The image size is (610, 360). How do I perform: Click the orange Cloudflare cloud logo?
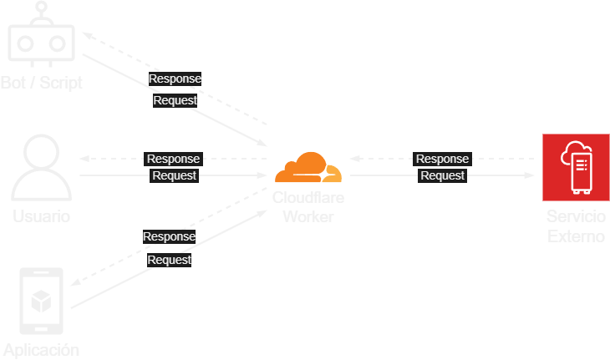click(308, 169)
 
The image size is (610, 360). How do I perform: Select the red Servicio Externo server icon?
click(576, 167)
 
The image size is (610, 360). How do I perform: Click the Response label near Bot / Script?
click(175, 79)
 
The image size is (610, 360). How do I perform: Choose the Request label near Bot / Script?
click(175, 100)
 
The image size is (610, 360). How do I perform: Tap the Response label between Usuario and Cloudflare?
click(173, 159)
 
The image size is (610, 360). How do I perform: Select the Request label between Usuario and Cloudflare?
click(174, 175)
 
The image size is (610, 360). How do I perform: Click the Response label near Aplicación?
click(169, 236)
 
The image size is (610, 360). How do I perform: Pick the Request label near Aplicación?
click(170, 260)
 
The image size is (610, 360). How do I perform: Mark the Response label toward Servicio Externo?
click(442, 159)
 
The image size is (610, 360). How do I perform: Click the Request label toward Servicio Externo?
click(442, 175)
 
